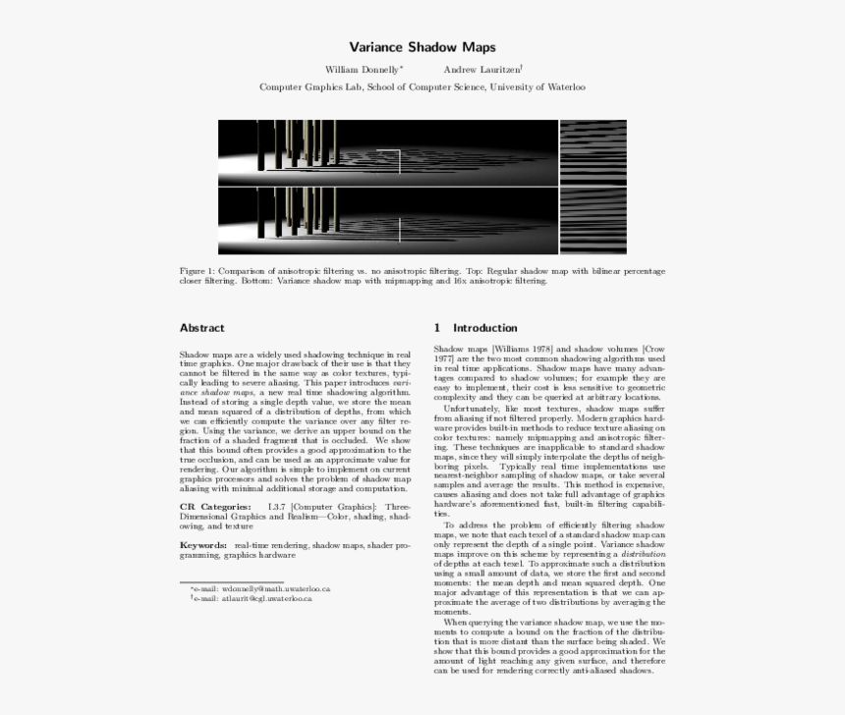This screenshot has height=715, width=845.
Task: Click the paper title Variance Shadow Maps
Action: (x=422, y=47)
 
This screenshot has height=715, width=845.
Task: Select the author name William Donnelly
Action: (x=363, y=70)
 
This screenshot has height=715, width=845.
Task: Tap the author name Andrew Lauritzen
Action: (x=481, y=70)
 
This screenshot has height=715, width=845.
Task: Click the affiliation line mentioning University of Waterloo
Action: (x=422, y=87)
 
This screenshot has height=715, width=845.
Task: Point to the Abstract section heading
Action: (x=201, y=328)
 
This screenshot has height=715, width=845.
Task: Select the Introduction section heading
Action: (x=484, y=328)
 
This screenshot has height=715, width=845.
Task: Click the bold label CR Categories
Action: (x=214, y=506)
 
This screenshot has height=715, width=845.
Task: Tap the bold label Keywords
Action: (x=203, y=544)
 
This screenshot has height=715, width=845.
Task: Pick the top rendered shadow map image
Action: (x=388, y=152)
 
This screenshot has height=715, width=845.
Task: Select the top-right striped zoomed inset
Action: (x=592, y=152)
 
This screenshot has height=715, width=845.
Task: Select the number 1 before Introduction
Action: (x=437, y=328)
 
